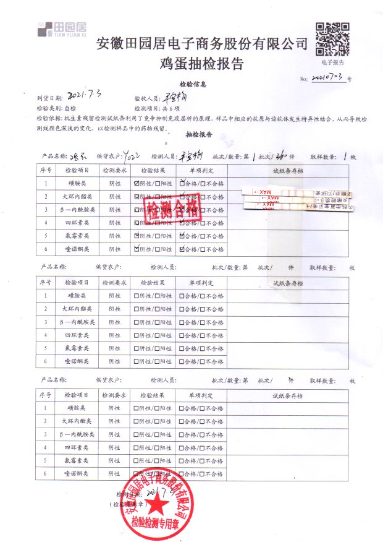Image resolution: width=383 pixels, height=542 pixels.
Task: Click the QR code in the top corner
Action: [x=332, y=38]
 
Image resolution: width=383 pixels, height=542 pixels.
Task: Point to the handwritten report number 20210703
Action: [x=328, y=78]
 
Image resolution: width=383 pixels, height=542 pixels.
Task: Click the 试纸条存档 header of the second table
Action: [x=288, y=283]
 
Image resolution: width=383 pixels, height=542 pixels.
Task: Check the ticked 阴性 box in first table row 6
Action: [x=137, y=249]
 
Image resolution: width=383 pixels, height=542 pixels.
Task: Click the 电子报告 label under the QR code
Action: [x=332, y=62]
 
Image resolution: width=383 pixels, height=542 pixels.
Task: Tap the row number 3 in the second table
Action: [x=45, y=322]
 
